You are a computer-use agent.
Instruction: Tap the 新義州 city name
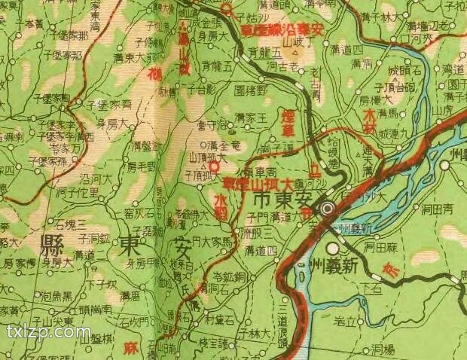365,261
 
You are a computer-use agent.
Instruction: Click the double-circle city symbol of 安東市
328,209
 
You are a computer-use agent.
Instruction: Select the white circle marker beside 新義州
333,249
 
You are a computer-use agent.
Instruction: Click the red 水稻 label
220,205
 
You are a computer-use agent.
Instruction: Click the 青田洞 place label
436,209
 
